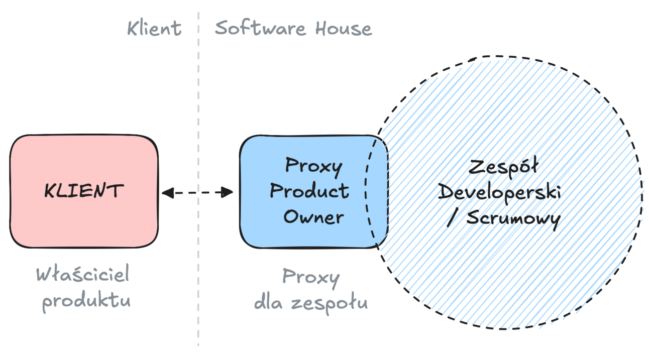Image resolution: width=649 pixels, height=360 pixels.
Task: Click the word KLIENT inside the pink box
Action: click(83, 191)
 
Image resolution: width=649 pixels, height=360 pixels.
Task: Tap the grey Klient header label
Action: click(154, 28)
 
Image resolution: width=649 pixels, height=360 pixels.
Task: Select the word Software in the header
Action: click(261, 28)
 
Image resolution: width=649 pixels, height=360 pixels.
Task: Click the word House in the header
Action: click(344, 28)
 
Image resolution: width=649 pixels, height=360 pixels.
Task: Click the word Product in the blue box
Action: click(309, 191)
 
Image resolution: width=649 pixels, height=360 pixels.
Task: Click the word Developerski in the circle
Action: click(499, 193)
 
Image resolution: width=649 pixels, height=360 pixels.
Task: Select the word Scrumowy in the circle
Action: click(513, 219)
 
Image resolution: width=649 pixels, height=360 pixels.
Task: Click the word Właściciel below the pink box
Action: click(82, 275)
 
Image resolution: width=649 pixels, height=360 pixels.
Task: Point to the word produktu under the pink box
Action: click(86, 301)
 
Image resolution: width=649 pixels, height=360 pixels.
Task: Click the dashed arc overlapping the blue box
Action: click(366, 191)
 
